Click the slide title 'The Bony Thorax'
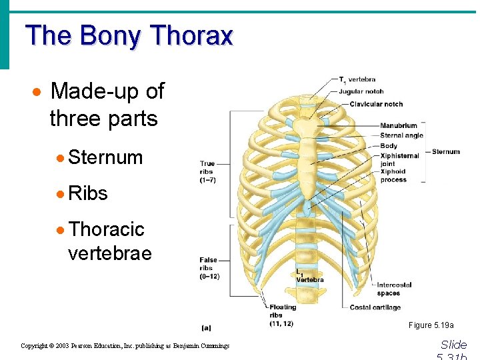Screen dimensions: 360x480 coord(129,35)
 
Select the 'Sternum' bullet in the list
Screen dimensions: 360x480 coord(105,157)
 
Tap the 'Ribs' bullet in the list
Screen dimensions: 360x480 coord(87,193)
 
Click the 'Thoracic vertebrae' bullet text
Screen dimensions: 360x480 coord(107,241)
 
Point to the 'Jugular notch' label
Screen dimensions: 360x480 coord(361,91)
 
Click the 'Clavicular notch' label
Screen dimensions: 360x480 coord(376,104)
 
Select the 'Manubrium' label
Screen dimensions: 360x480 coord(398,125)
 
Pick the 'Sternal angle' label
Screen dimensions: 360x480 coord(401,135)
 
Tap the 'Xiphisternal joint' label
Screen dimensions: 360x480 coord(399,160)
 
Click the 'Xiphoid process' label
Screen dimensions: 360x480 coord(393,175)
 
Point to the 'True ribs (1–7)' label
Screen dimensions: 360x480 coord(207,171)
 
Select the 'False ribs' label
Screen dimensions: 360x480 coord(209,268)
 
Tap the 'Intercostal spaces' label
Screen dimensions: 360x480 coord(393,289)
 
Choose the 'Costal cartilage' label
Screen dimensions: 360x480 coord(375,307)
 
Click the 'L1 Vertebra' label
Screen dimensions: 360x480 coord(309,277)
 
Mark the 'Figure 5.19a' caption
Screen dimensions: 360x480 coord(431,325)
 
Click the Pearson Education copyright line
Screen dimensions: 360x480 coord(125,346)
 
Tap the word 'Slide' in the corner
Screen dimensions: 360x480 coord(453,345)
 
